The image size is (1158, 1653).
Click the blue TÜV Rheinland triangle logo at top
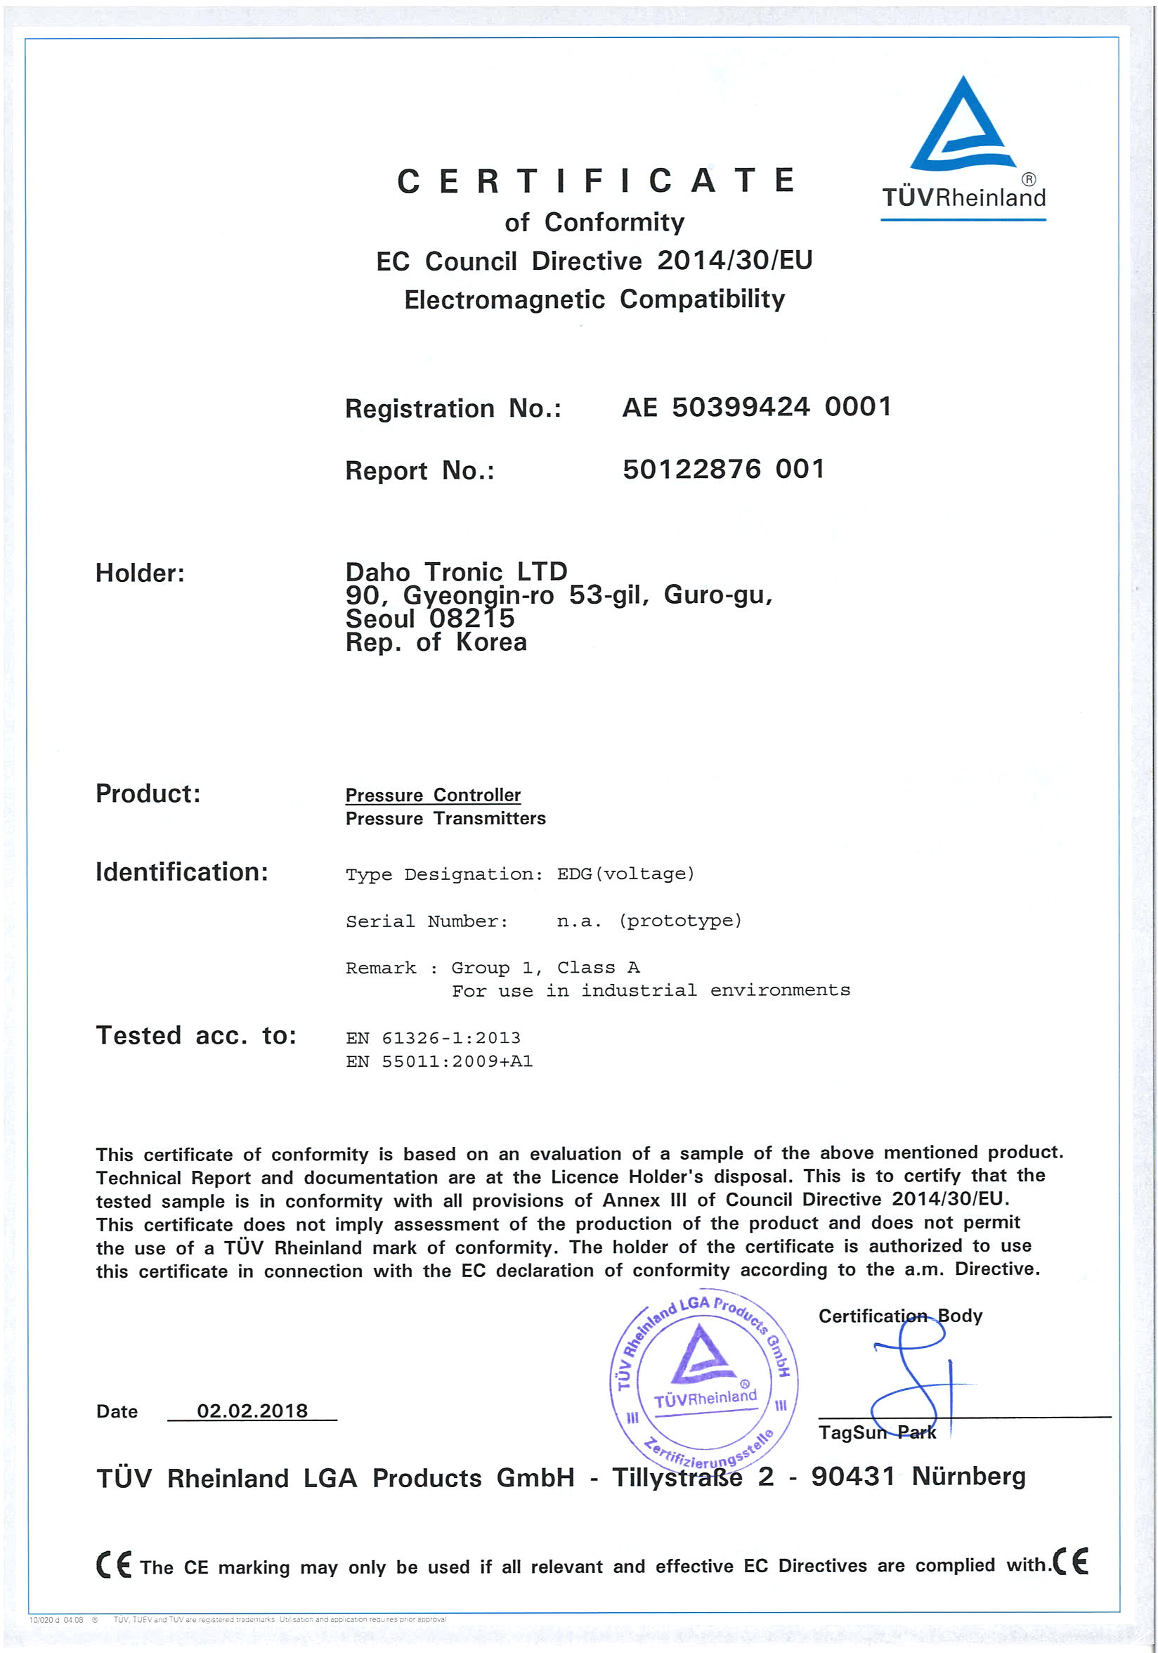pyautogui.click(x=962, y=126)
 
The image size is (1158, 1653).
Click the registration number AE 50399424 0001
pyautogui.click(x=756, y=408)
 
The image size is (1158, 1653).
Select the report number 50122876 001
pyautogui.click(x=723, y=469)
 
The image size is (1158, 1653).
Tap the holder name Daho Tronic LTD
pyautogui.click(x=456, y=571)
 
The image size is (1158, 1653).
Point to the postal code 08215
pyautogui.click(x=472, y=618)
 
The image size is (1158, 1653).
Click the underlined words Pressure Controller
pyautogui.click(x=433, y=795)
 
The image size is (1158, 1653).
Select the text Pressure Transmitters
pyautogui.click(x=445, y=819)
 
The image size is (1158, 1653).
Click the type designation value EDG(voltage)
pyautogui.click(x=625, y=874)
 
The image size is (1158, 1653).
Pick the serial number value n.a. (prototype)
pyautogui.click(x=649, y=921)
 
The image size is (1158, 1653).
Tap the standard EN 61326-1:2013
pyautogui.click(x=433, y=1038)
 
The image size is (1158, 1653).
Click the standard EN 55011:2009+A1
pyautogui.click(x=439, y=1061)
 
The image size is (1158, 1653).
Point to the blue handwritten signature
pyautogui.click(x=914, y=1382)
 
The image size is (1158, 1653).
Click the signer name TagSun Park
pyautogui.click(x=877, y=1432)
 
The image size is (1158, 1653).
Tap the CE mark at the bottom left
pyautogui.click(x=114, y=1564)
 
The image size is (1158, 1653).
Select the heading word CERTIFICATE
pyautogui.click(x=596, y=181)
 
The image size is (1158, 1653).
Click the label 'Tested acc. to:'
pyautogui.click(x=197, y=1035)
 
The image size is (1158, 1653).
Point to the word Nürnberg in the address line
pyautogui.click(x=968, y=1476)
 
